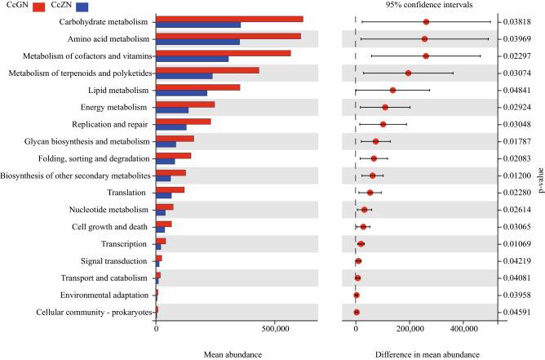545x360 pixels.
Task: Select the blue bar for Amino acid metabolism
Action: pos(197,41)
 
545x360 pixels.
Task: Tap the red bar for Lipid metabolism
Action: pos(197,87)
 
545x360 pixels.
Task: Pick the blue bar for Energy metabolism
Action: pos(172,109)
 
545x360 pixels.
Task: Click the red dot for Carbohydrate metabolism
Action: pos(426,22)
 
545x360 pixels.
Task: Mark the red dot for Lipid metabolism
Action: pos(392,90)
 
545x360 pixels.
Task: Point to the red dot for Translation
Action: pos(370,193)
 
